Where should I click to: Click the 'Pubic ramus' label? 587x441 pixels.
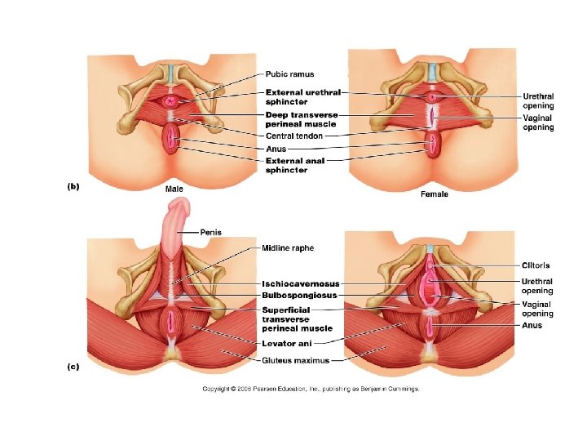pyautogui.click(x=291, y=75)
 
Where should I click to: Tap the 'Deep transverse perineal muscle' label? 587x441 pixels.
pyautogui.click(x=301, y=119)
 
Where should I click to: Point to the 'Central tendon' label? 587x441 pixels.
pyautogui.click(x=293, y=136)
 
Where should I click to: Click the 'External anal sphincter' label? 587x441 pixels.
pyautogui.click(x=294, y=166)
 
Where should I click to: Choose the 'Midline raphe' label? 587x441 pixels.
pyautogui.click(x=288, y=248)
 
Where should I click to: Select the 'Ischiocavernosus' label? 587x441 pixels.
pyautogui.click(x=301, y=284)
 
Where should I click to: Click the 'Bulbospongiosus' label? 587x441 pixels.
pyautogui.click(x=299, y=295)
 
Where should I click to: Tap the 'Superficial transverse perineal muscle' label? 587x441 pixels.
pyautogui.click(x=296, y=319)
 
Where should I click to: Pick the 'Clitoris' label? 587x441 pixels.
pyautogui.click(x=536, y=265)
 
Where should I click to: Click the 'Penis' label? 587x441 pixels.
pyautogui.click(x=210, y=232)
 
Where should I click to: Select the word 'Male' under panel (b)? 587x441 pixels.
pyautogui.click(x=174, y=189)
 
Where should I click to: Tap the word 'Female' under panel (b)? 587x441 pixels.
pyautogui.click(x=434, y=194)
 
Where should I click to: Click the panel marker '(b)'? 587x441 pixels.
pyautogui.click(x=73, y=186)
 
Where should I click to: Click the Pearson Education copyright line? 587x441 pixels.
pyautogui.click(x=311, y=389)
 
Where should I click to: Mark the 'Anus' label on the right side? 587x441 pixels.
pyautogui.click(x=532, y=325)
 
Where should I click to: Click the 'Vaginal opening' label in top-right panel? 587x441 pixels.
pyautogui.click(x=538, y=122)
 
